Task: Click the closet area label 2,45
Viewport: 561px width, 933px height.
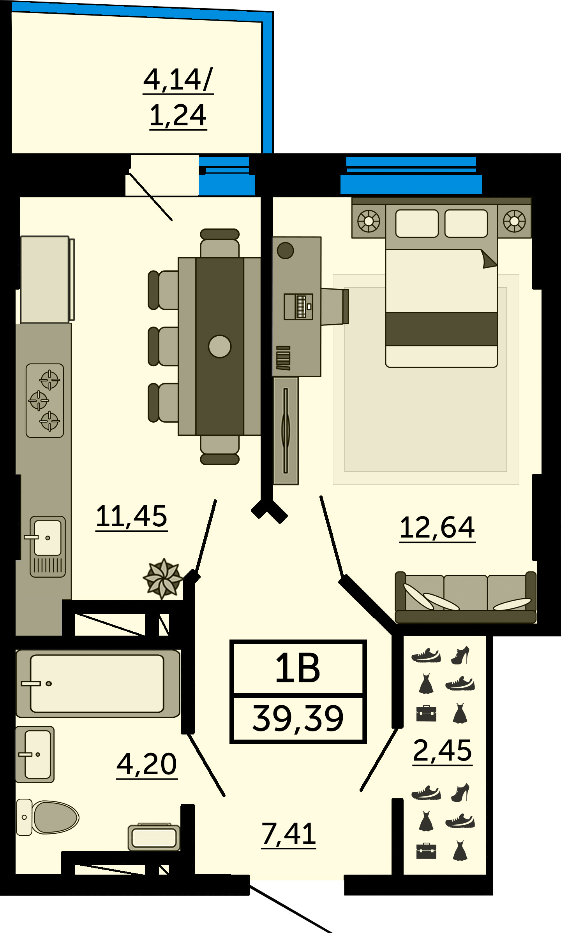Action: pos(443,750)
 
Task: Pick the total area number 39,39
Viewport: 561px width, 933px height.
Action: pos(298,719)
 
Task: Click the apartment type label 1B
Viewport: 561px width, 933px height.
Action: pos(298,668)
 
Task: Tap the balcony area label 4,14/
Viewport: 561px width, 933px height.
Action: pos(178,79)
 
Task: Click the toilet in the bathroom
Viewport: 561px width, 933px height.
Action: pos(47,817)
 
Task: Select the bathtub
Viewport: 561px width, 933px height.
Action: pos(98,684)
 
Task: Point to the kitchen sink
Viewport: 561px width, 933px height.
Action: pos(48,546)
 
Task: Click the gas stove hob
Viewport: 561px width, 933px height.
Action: pos(45,401)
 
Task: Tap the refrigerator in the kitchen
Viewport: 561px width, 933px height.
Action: pos(47,279)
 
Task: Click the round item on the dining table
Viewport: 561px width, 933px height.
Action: pos(220,346)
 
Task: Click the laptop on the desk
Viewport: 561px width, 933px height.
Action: pos(298,307)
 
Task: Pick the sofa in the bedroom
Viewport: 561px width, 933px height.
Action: pos(466,597)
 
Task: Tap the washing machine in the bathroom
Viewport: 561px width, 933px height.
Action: pos(154,837)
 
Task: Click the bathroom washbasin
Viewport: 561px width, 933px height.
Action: pos(35,754)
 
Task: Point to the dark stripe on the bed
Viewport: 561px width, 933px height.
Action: pos(441,329)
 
